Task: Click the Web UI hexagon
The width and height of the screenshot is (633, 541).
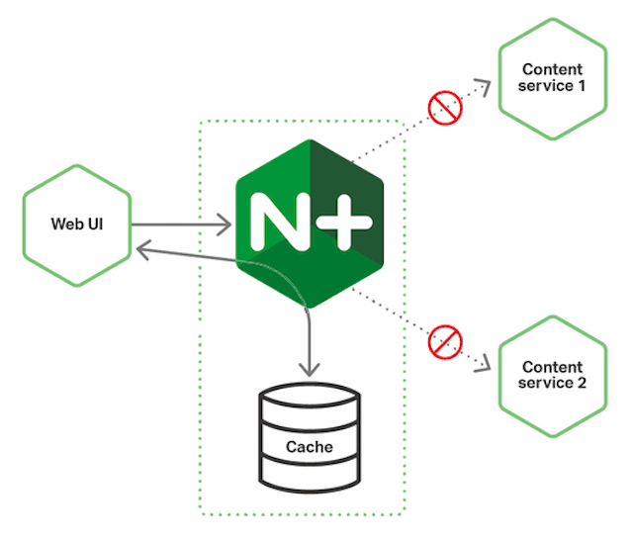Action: click(x=77, y=224)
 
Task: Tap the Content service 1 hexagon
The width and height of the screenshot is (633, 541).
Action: click(x=552, y=78)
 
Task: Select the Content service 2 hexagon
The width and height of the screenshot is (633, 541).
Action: click(x=552, y=374)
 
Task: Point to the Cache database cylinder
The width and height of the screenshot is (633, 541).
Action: click(x=310, y=441)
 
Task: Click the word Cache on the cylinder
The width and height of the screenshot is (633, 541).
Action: click(x=310, y=447)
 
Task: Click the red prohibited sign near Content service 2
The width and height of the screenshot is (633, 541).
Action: click(x=445, y=343)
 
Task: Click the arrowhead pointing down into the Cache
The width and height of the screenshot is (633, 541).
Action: click(x=310, y=369)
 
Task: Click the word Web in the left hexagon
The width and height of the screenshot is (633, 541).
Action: click(x=64, y=224)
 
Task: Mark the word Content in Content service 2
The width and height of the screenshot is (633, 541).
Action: click(x=552, y=365)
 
